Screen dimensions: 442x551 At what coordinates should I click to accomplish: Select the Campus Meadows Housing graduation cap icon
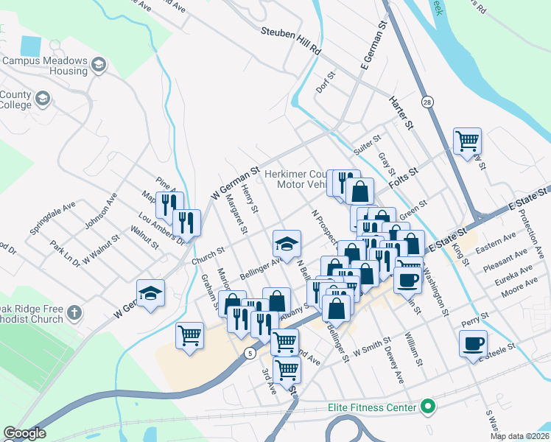[98, 66]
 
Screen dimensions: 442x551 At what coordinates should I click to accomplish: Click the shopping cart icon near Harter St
[467, 140]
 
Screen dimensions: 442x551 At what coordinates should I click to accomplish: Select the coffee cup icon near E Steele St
[473, 343]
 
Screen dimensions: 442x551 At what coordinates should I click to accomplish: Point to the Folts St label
[404, 175]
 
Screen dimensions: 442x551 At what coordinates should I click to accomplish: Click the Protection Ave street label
[531, 233]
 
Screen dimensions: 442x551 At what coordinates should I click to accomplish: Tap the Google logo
[24, 433]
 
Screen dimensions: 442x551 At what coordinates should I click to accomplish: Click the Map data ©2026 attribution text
[519, 436]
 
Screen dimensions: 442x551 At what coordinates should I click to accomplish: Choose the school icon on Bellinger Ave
[287, 243]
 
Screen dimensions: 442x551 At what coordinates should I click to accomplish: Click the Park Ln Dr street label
[66, 253]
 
